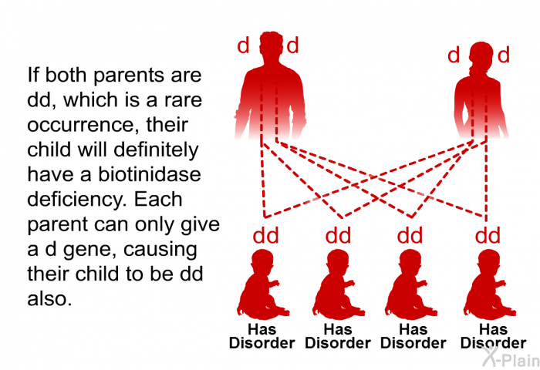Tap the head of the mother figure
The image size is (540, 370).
(478, 57)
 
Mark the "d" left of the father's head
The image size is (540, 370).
(244, 46)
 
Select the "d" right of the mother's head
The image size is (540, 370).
(504, 55)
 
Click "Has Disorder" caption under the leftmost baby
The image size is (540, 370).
(262, 336)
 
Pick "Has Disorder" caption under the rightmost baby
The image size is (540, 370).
(494, 336)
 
